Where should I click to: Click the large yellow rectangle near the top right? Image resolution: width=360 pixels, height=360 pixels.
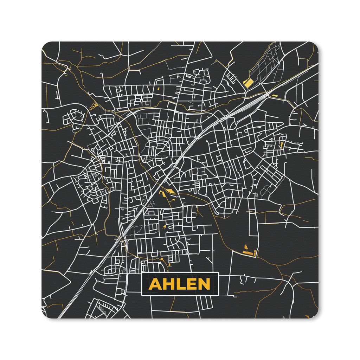tap(248, 83)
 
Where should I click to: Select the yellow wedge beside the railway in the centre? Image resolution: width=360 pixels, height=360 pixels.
tap(170, 191)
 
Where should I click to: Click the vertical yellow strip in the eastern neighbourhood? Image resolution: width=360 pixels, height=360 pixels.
tap(282, 144)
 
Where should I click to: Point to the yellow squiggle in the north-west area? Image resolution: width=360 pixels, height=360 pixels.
tap(94, 105)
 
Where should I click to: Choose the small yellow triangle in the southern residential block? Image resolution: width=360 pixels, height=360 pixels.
tap(164, 227)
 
